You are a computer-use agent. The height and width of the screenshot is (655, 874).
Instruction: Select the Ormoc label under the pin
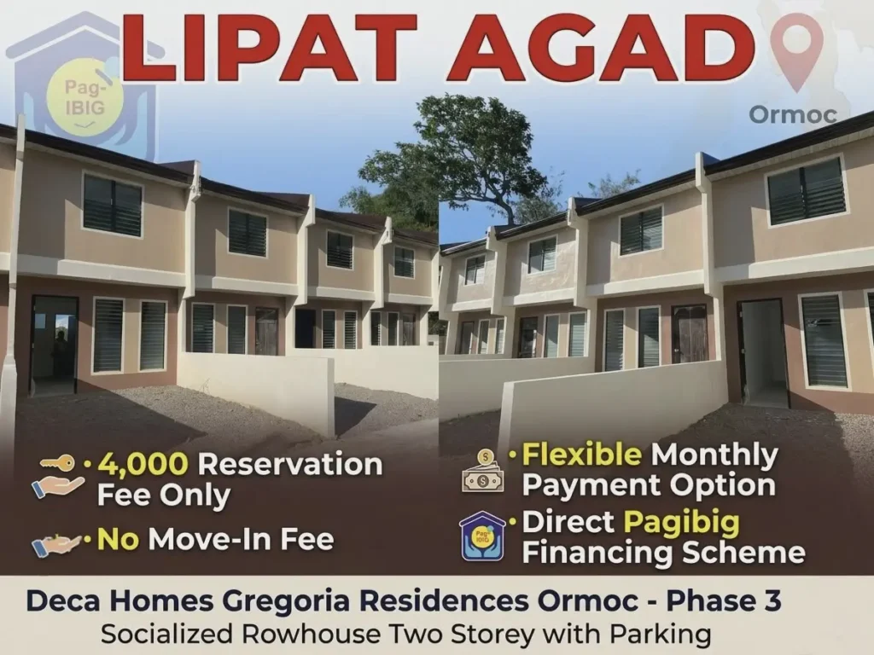(793, 115)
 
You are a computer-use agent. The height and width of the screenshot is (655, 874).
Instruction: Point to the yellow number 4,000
(143, 464)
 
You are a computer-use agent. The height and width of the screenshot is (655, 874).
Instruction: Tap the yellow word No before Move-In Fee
(118, 539)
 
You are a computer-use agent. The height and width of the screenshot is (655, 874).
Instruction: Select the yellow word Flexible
(582, 454)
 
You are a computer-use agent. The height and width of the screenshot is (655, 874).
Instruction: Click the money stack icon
(483, 472)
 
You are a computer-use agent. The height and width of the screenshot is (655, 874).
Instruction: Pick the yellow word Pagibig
(681, 523)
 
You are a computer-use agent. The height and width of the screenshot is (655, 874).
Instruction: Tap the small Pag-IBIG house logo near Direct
(483, 536)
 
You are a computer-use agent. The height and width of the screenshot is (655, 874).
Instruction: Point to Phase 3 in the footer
(724, 600)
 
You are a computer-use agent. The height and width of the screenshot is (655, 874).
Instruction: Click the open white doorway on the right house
(763, 354)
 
